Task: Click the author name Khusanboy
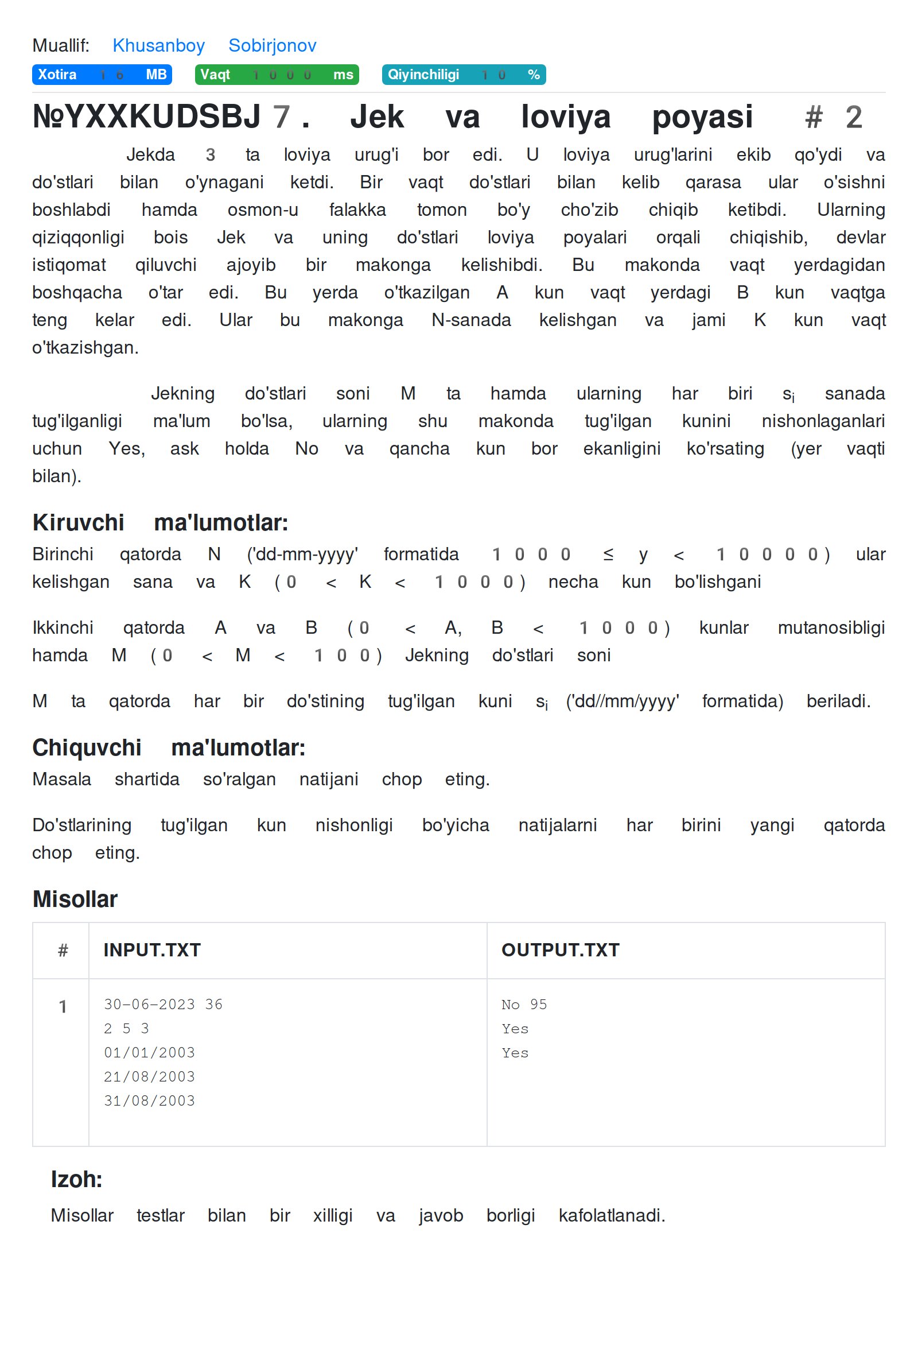[x=158, y=45]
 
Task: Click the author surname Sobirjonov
[x=272, y=45]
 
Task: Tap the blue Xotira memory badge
[x=102, y=75]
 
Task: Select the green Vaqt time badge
[x=277, y=75]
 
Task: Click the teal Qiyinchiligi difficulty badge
[x=464, y=75]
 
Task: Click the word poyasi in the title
[x=702, y=117]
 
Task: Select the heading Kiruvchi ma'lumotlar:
[x=160, y=522]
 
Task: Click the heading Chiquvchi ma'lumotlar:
[x=168, y=747]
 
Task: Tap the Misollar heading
[x=75, y=899]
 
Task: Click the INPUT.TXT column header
[x=152, y=950]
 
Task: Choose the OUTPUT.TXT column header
[x=561, y=950]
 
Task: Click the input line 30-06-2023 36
[x=163, y=1004]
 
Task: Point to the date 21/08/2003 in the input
[x=149, y=1077]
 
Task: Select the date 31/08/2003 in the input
[x=149, y=1100]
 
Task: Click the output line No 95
[x=524, y=1004]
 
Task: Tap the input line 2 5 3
[x=126, y=1029]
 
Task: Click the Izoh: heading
[x=77, y=1180]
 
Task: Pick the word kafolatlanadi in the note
[x=612, y=1215]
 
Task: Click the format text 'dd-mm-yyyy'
[x=302, y=555]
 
